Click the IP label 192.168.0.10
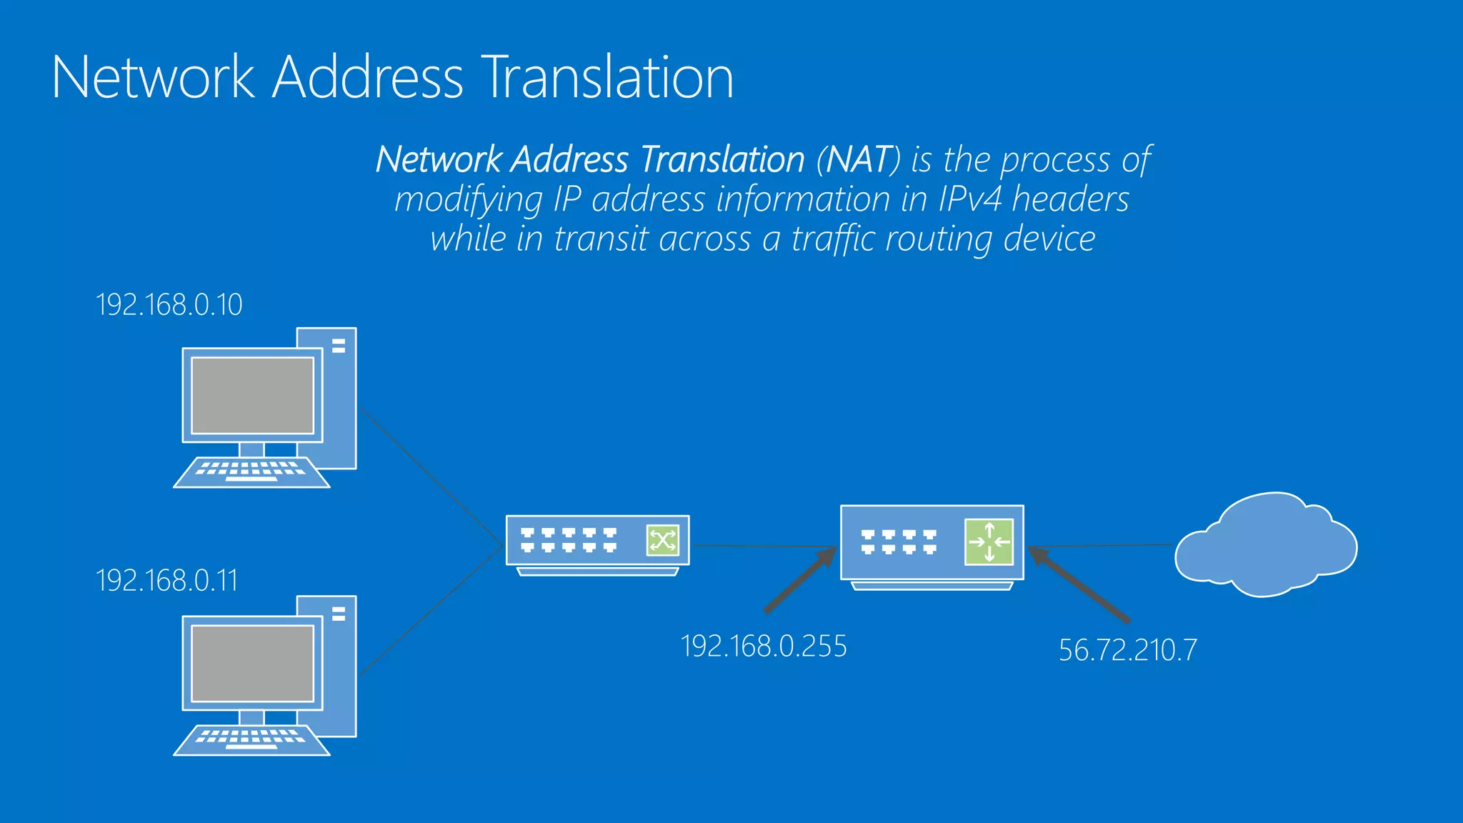(x=169, y=305)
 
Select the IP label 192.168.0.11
(x=166, y=581)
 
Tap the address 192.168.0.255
(x=764, y=647)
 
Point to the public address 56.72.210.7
(x=1127, y=650)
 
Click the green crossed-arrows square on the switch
(x=662, y=540)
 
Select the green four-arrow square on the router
(x=989, y=542)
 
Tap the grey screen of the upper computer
(x=253, y=395)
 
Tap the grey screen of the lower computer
(x=253, y=664)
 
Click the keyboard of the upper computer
(x=251, y=472)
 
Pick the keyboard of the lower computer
(x=251, y=739)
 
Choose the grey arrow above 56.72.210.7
(x=1079, y=584)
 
